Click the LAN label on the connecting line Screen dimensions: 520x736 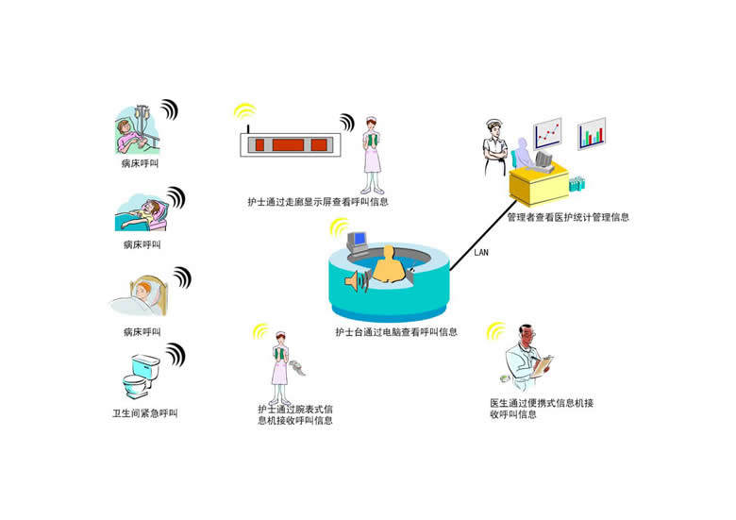coord(481,253)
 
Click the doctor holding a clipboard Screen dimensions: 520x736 coord(528,359)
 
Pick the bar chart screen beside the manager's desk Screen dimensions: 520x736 coord(591,134)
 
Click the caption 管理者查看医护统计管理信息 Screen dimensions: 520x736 coord(567,217)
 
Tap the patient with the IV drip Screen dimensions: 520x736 coord(137,130)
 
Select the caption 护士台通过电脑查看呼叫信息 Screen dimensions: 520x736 coord(396,332)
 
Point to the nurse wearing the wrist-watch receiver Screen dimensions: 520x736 coord(279,364)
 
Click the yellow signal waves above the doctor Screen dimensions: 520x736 coord(496,330)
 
